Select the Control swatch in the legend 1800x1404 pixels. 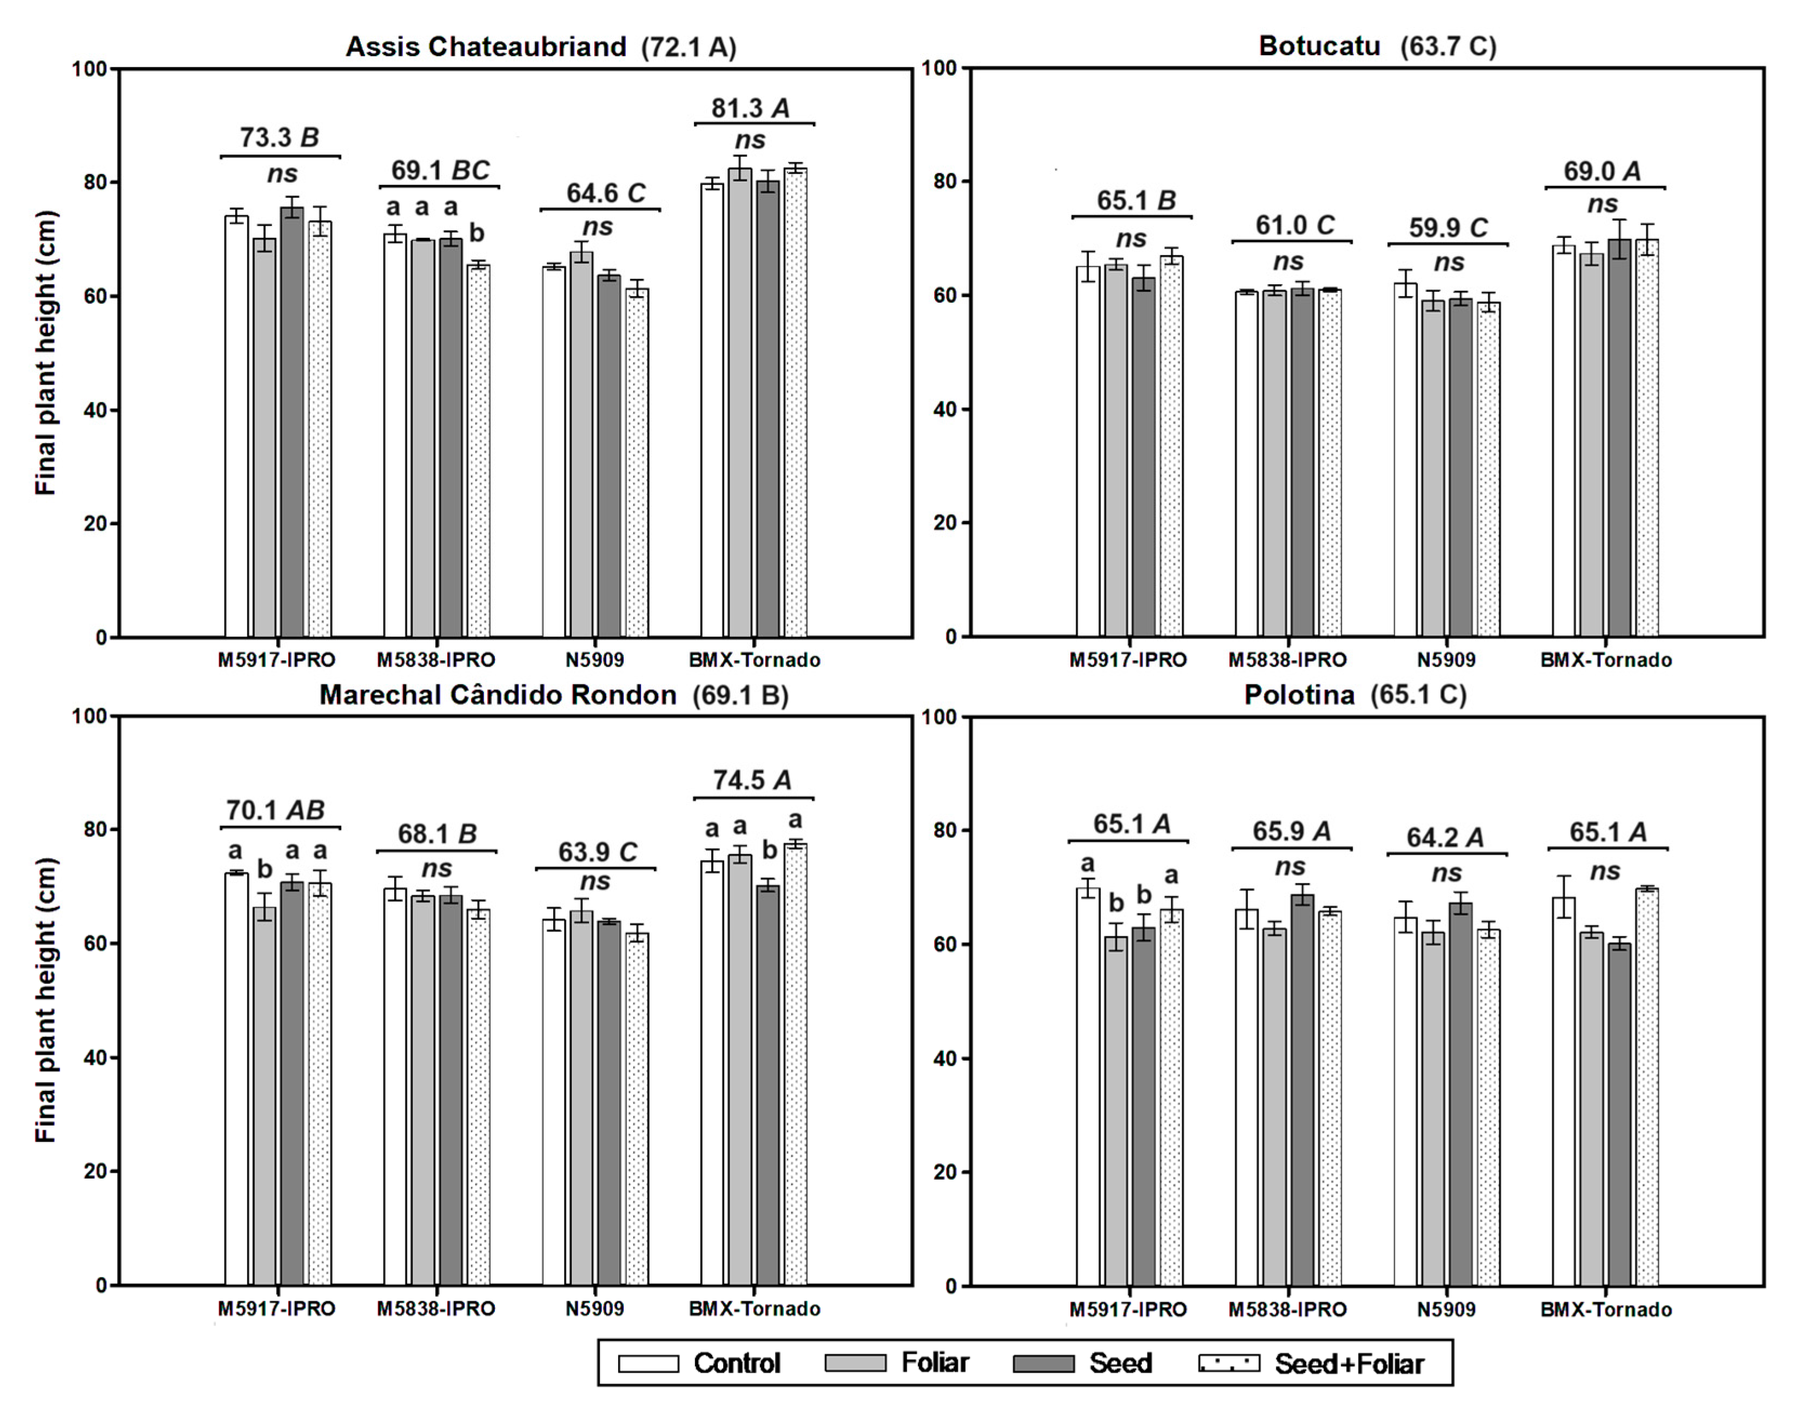pos(648,1363)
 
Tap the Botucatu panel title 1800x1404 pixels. pos(1377,45)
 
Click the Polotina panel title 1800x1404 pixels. pos(1354,695)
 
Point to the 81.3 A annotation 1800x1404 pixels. pos(751,108)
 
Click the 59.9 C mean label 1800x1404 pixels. pos(1448,228)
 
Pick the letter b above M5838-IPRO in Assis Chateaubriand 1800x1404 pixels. pos(477,233)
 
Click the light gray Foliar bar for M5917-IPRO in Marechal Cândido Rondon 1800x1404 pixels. pos(264,1096)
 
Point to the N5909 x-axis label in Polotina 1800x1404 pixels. pos(1446,1309)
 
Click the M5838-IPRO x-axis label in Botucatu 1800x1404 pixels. pos(1287,660)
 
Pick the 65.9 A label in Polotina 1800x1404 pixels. pos(1291,831)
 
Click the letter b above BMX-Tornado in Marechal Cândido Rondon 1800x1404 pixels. pos(769,849)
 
